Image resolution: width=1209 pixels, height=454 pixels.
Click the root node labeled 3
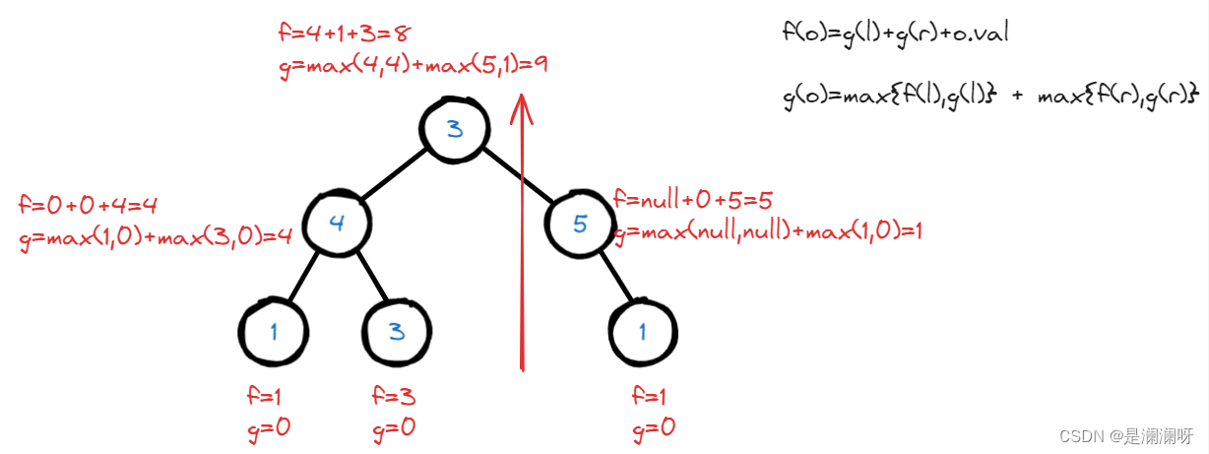[454, 129]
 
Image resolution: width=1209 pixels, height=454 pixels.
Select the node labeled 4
[337, 223]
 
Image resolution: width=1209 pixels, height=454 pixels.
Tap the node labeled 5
[579, 224]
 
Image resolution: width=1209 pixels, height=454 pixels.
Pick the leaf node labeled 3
[397, 331]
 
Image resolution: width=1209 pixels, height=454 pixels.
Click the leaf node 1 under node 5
[642, 331]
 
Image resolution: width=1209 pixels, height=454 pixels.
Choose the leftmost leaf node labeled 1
[274, 331]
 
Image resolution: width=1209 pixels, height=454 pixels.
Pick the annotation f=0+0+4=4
[89, 206]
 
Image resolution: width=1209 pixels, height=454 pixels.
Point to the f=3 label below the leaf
[394, 397]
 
